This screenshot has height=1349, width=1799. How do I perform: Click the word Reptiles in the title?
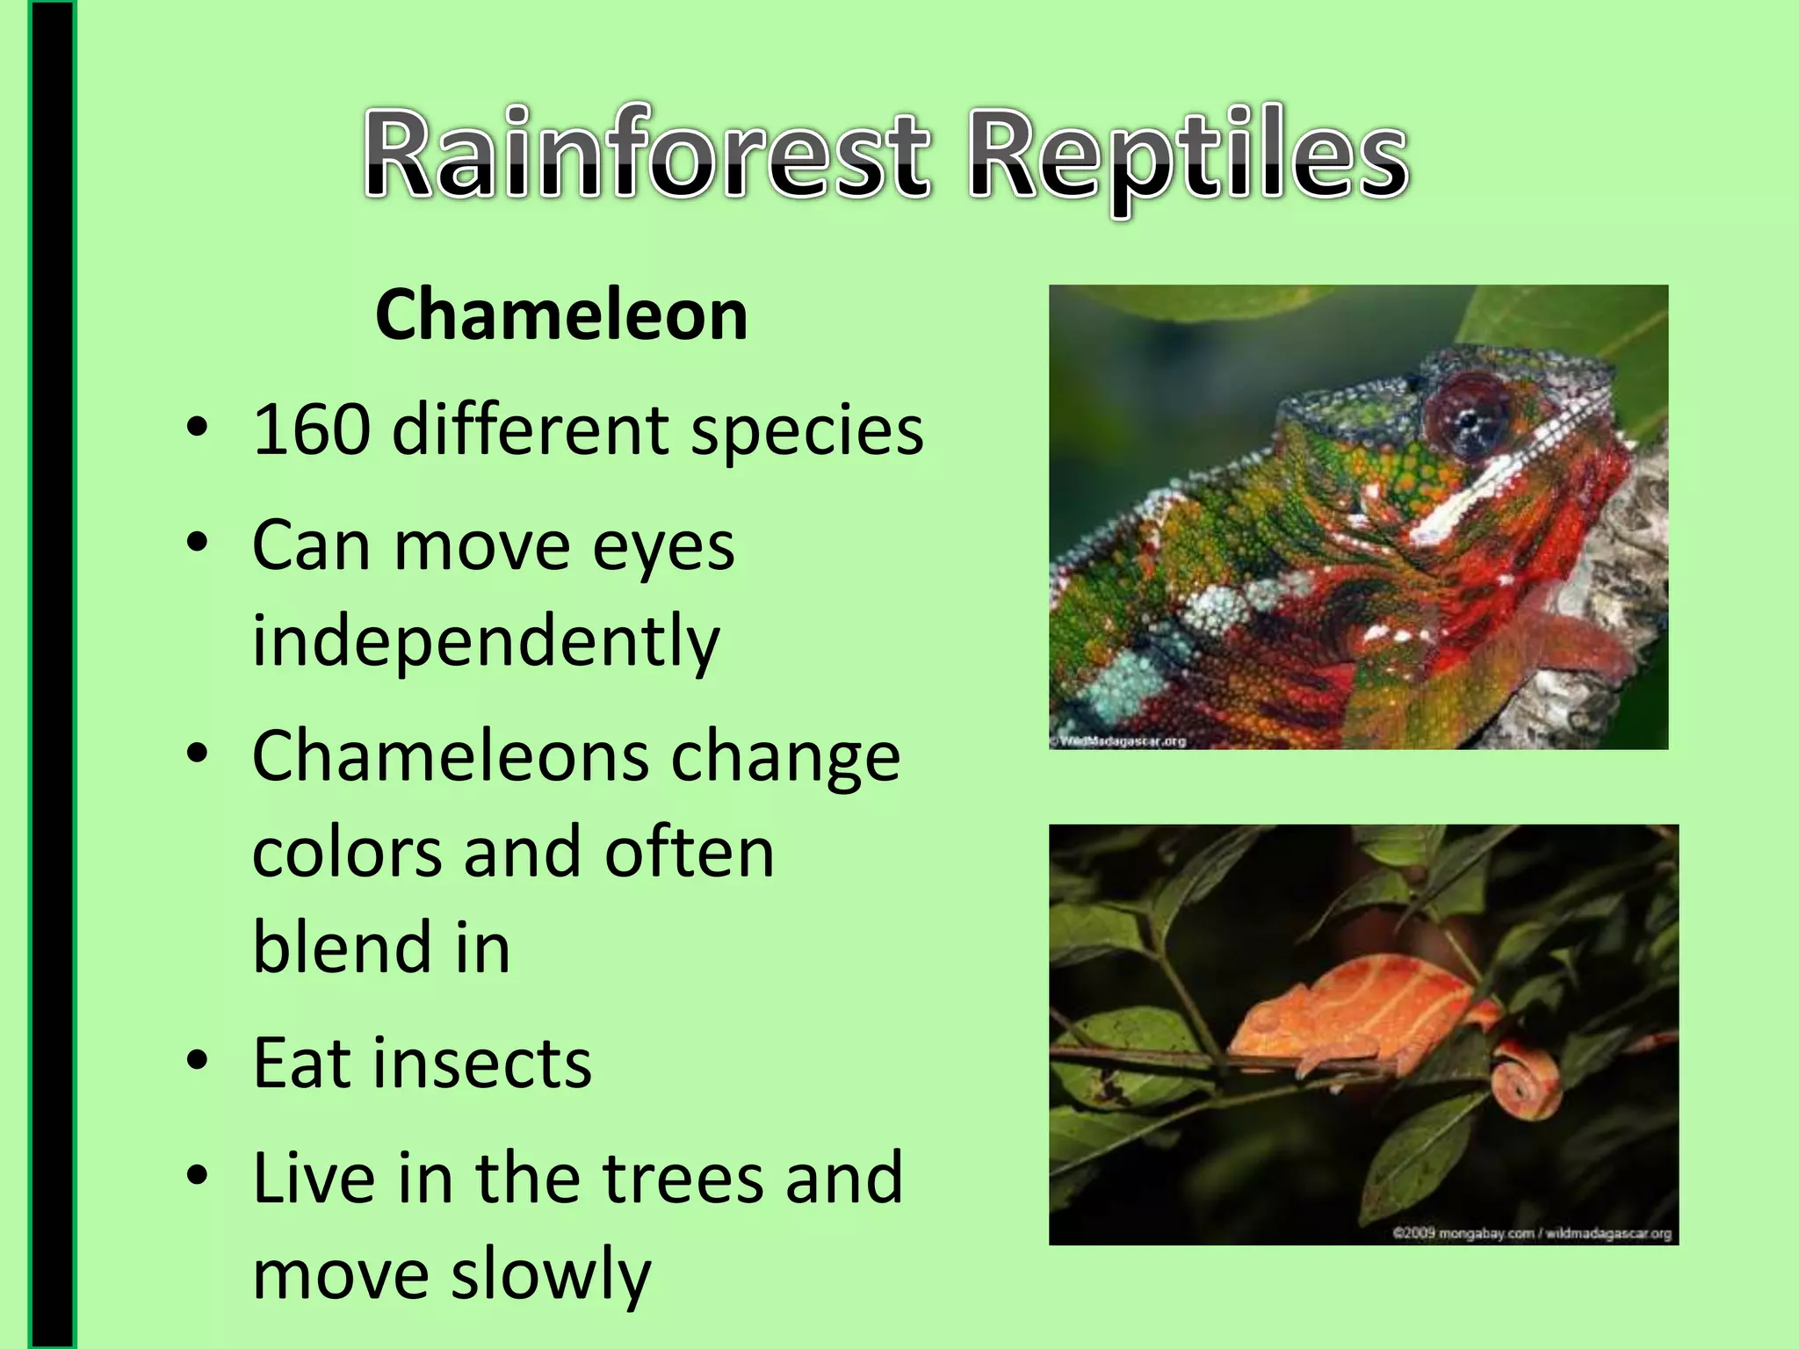click(1188, 156)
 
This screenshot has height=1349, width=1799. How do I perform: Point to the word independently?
click(486, 641)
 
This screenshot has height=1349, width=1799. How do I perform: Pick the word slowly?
click(551, 1274)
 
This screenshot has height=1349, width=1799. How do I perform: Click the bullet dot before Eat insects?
click(198, 1061)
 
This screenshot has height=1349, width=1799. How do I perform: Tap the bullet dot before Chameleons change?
click(198, 754)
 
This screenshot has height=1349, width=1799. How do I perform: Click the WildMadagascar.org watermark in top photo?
click(1122, 741)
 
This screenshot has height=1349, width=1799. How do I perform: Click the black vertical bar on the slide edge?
click(52, 674)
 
